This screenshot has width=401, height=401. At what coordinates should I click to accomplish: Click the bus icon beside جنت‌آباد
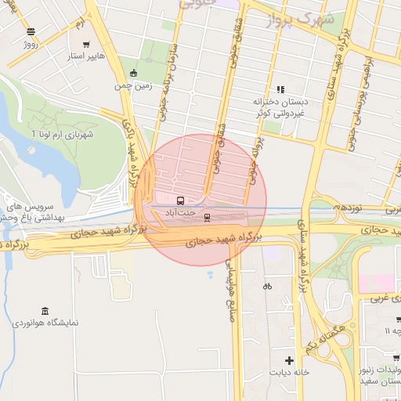[182, 200]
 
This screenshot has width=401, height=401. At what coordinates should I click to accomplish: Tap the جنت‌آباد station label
[182, 211]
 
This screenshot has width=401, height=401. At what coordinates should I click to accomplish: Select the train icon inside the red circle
[207, 217]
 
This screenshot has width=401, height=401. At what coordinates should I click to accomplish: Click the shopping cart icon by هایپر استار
[85, 45]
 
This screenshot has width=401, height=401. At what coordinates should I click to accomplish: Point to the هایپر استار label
[86, 57]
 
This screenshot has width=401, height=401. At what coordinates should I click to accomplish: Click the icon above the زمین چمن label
[134, 74]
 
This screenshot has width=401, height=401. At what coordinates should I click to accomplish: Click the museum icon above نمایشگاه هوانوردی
[44, 310]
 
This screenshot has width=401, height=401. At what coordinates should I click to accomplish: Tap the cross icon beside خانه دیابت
[290, 361]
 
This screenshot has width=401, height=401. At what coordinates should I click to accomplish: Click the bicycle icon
[268, 286]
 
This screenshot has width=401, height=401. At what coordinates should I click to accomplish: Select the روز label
[31, 45]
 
